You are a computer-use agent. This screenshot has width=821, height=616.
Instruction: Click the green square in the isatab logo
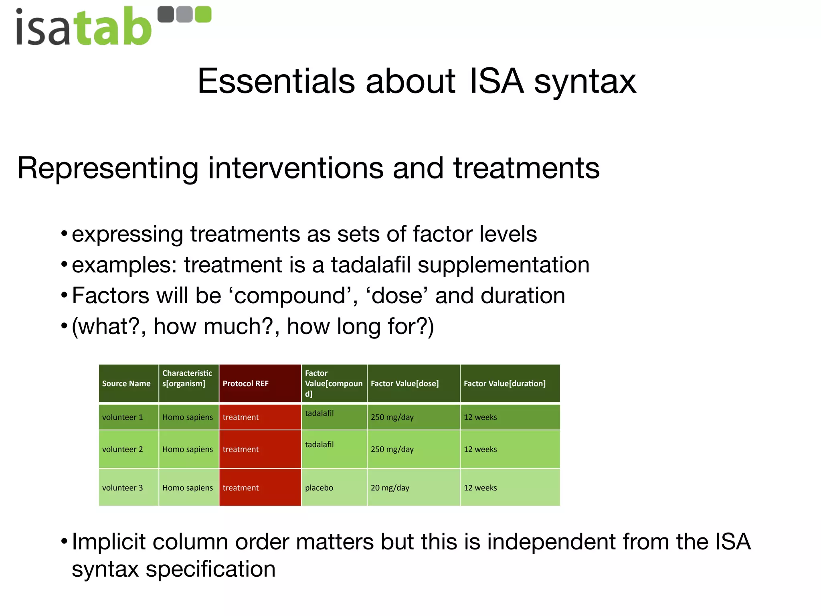click(202, 14)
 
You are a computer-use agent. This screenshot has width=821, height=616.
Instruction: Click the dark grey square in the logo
click(166, 14)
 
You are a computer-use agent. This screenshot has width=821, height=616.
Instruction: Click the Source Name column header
click(126, 383)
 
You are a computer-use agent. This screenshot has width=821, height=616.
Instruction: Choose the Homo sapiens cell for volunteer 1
click(188, 417)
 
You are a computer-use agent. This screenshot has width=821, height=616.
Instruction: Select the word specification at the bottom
click(210, 569)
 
